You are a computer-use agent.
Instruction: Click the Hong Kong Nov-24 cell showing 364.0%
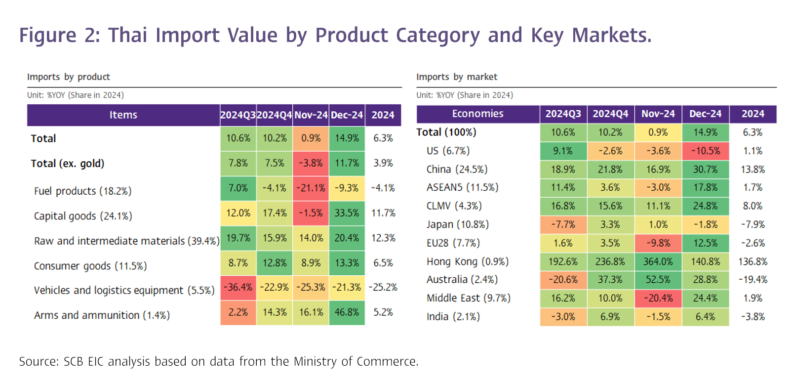(x=658, y=261)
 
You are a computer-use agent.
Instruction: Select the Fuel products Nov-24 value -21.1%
(x=311, y=188)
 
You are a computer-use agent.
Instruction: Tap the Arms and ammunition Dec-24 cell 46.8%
(x=347, y=312)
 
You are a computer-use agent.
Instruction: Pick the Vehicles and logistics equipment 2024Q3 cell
(x=238, y=287)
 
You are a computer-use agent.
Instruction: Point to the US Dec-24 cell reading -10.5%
(x=705, y=151)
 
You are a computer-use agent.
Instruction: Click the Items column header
(x=123, y=115)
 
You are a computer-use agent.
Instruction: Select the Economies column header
(x=477, y=114)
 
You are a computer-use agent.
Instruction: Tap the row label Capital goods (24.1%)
(x=83, y=216)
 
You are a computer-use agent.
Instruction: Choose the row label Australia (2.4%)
(x=462, y=280)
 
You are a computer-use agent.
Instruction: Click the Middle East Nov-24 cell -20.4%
(x=658, y=298)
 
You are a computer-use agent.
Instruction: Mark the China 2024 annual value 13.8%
(x=752, y=170)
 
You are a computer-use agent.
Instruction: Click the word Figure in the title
(x=48, y=36)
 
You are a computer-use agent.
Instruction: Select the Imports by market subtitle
(x=456, y=77)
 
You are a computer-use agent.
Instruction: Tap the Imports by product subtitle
(x=68, y=77)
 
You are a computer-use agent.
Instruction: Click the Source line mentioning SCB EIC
(x=218, y=361)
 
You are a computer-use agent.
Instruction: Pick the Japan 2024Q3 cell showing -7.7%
(x=563, y=224)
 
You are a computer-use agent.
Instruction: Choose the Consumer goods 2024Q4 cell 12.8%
(x=275, y=263)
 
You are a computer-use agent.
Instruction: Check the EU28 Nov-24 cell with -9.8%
(x=658, y=243)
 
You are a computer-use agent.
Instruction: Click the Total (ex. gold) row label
(x=68, y=164)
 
